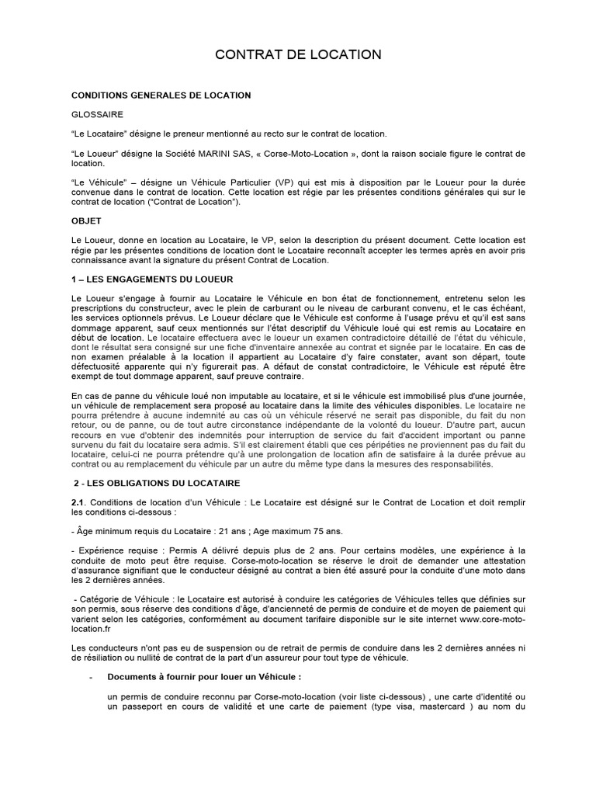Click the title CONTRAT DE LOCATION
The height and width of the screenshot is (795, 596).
point(298,54)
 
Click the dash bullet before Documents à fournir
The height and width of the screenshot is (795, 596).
point(92,677)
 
